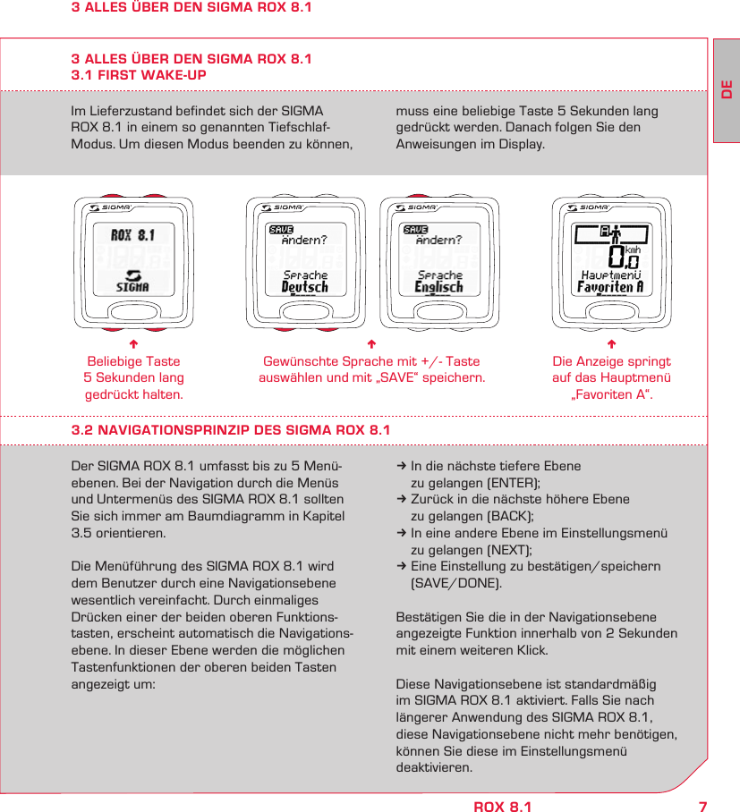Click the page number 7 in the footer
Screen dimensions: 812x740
point(702,807)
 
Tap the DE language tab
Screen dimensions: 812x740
point(727,91)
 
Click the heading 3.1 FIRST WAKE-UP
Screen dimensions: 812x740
point(139,75)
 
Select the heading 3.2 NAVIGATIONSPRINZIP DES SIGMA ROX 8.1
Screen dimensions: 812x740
point(231,430)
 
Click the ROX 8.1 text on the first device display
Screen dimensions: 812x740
point(133,236)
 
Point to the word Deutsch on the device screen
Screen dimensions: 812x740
point(304,287)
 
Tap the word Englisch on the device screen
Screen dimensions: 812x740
point(438,287)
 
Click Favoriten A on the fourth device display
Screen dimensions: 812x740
point(610,287)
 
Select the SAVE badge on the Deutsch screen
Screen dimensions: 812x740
point(281,230)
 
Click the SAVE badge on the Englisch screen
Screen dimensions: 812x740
point(415,230)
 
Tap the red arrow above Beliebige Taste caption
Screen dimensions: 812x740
point(132,344)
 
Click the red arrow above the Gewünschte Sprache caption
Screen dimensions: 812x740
point(371,344)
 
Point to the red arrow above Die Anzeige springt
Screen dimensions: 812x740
point(611,344)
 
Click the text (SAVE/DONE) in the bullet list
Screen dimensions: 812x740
point(455,583)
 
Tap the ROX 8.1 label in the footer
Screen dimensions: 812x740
point(502,807)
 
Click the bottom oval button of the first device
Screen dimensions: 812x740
point(132,310)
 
